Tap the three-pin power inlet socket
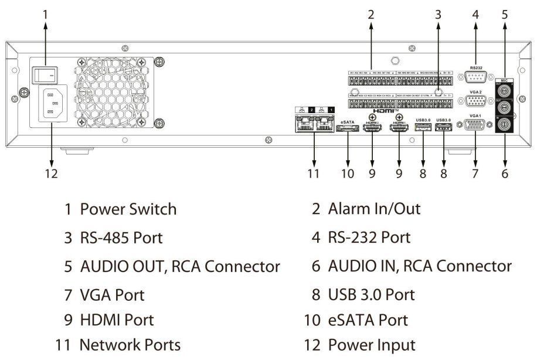(52, 104)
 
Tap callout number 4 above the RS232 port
(475, 14)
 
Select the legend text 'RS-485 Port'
(121, 238)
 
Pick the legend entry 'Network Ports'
(130, 344)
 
